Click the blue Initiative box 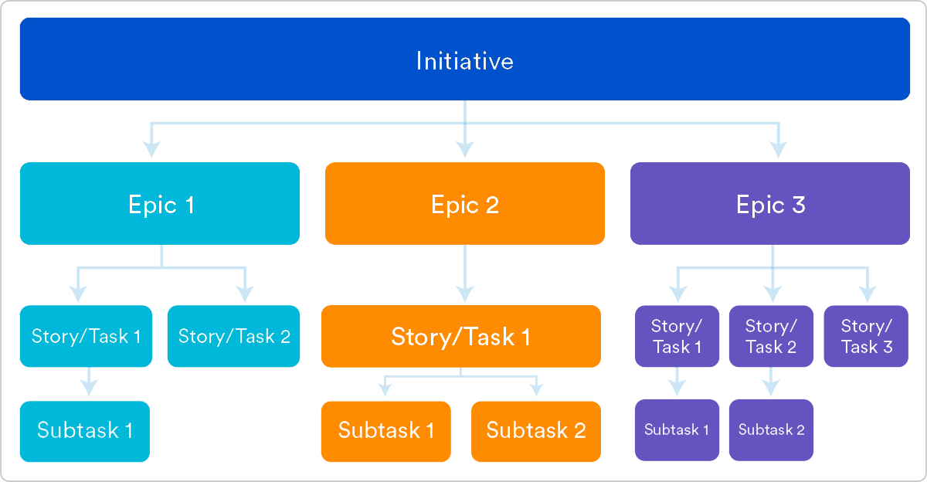464,59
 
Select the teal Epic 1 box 160,204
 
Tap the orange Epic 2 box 464,204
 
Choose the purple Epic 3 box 769,204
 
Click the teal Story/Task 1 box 86,336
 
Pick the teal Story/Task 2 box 233,336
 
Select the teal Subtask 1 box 84,431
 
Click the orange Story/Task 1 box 460,336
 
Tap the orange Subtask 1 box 385,431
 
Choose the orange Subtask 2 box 535,431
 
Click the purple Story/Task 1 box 677,336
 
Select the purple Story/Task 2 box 771,336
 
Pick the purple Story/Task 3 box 866,336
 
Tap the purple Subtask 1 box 677,430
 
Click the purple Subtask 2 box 771,430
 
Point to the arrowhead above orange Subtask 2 536,389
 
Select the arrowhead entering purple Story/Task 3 867,294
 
